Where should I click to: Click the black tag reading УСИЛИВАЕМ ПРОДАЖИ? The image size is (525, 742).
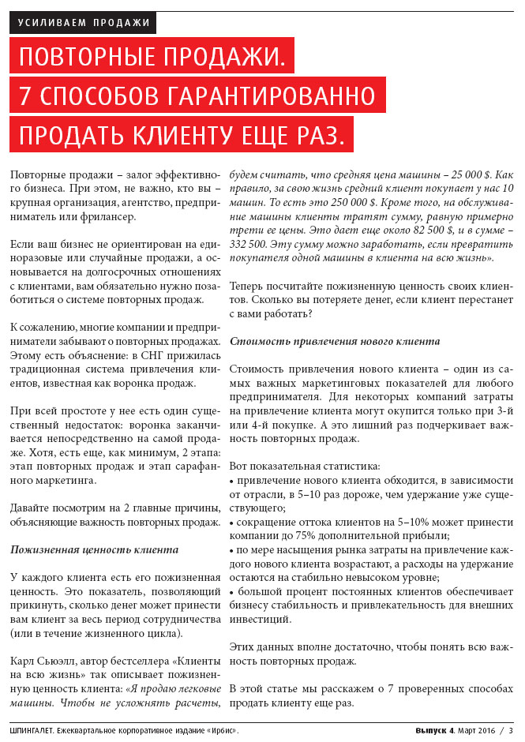tap(84, 22)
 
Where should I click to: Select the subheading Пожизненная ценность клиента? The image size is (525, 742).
tap(94, 549)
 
